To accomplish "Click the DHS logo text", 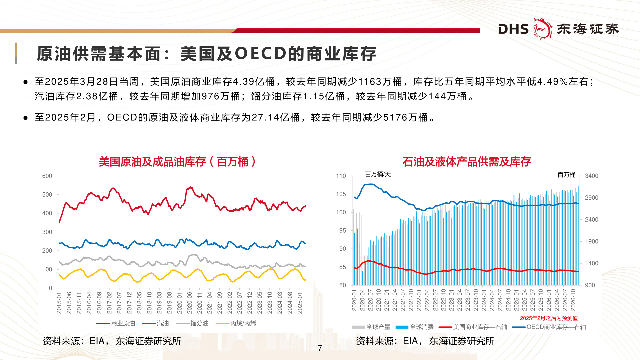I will (x=513, y=29).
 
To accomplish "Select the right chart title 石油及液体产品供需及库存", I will (x=467, y=162).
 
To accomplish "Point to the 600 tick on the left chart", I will (x=47, y=176).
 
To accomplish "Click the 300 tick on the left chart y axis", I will (x=47, y=232).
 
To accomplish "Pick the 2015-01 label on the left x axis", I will (x=59, y=303).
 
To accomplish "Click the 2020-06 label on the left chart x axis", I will (x=190, y=303).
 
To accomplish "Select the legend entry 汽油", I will (x=163, y=323).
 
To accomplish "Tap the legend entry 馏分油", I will (x=199, y=323).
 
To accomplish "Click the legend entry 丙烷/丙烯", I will (x=243, y=323).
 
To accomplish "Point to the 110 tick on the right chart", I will (x=341, y=176).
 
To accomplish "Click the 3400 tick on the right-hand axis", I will (x=591, y=176).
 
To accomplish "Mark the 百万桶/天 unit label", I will (x=378, y=174).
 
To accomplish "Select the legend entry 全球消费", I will (x=421, y=327).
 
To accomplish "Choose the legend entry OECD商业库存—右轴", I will (x=556, y=327).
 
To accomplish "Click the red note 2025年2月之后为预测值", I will (x=549, y=318).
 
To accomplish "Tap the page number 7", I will (x=320, y=348).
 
